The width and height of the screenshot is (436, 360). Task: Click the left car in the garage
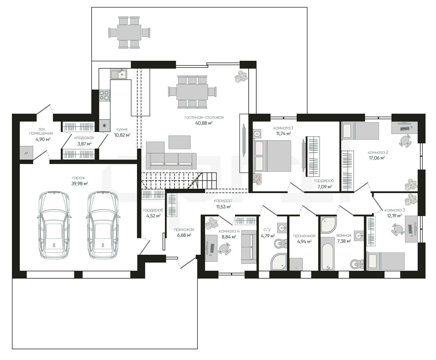[x=54, y=225]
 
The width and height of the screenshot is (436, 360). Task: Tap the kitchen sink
[x=119, y=74]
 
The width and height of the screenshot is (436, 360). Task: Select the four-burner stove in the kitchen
[x=104, y=95]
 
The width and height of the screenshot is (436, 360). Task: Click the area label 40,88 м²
[x=204, y=123]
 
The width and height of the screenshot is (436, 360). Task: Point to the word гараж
[x=79, y=178]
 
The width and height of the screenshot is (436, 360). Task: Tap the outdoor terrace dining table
[x=129, y=32]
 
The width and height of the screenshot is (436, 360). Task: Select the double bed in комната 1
[x=272, y=156]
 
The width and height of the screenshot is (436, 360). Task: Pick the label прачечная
[x=304, y=236]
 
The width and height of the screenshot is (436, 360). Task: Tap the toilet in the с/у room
[x=280, y=243]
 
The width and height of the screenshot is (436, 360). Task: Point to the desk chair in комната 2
[x=405, y=141]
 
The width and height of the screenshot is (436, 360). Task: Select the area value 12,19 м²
[x=394, y=215]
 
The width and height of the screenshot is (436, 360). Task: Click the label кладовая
[x=84, y=138]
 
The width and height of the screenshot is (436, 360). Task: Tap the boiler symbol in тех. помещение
[x=26, y=153]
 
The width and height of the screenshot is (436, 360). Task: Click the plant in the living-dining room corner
[x=241, y=76]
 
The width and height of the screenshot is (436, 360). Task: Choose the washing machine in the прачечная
[x=296, y=264]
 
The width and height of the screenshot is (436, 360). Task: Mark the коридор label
[x=223, y=201]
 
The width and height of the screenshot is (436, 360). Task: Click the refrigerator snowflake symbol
[x=104, y=126]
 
